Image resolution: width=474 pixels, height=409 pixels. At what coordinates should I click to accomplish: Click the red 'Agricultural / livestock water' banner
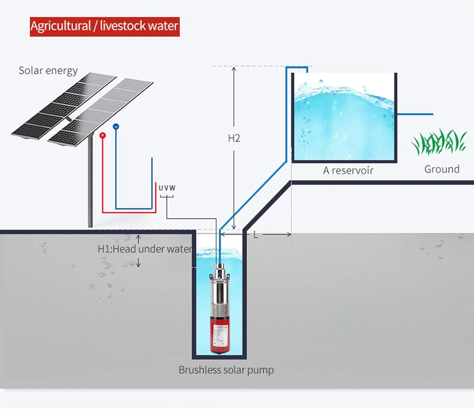[105, 27]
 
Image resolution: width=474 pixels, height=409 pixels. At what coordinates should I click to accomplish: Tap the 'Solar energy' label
[48, 71]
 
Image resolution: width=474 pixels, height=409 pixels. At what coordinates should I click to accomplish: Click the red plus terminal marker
[102, 135]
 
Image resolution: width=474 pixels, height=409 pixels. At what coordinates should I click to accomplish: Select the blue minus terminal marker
[116, 127]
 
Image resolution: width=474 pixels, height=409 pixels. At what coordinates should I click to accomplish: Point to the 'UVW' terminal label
[167, 188]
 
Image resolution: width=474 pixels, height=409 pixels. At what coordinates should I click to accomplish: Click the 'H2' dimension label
[234, 138]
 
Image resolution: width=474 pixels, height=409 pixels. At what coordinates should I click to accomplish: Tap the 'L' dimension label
[256, 235]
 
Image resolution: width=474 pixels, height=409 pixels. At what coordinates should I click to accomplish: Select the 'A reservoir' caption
[348, 171]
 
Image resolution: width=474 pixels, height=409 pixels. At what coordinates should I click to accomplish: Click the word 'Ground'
[442, 169]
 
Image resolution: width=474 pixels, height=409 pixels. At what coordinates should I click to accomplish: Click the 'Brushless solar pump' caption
[226, 370]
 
